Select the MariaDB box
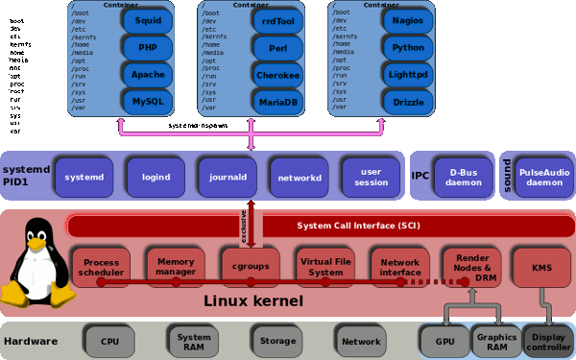tap(277, 100)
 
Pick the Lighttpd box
tap(409, 73)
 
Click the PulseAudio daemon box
tap(544, 177)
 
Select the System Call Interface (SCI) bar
tap(317, 226)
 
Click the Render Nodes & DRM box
tap(471, 264)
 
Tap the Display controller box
tap(548, 341)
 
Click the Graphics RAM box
tap(495, 341)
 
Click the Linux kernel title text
tap(254, 301)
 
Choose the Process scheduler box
tap(101, 266)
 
